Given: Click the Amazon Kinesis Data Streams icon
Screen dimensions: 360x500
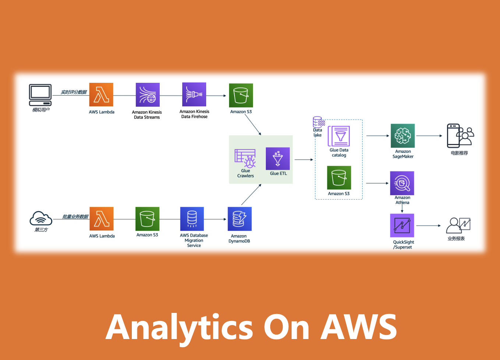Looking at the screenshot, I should coord(147,95).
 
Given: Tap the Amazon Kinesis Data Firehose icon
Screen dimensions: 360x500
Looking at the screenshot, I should coord(194,95).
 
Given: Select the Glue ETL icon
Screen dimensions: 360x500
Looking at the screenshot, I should coord(278,159).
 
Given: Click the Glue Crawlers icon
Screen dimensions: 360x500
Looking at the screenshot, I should coord(245,158).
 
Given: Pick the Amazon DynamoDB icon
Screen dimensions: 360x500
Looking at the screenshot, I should coord(239,219).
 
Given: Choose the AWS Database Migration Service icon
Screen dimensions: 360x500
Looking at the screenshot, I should coord(192,219).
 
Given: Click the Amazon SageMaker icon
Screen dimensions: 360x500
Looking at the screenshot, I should coord(402,136).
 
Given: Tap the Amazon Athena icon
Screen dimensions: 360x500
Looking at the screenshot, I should coord(402,183).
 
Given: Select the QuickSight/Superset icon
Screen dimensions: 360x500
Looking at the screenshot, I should coord(402,225).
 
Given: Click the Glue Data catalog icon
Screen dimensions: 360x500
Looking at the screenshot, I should coord(339,136).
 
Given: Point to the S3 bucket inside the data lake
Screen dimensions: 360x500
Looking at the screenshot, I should coord(339,178).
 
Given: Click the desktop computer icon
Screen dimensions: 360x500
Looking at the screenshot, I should coord(40,95).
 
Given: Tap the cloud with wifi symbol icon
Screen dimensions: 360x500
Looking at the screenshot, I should coord(41,219).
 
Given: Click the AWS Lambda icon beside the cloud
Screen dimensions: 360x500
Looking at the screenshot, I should coord(101,219).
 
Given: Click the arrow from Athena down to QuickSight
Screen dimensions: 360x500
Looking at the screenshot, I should coord(402,208).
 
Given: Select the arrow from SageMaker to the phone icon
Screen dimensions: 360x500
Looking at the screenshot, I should coord(429,136).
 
